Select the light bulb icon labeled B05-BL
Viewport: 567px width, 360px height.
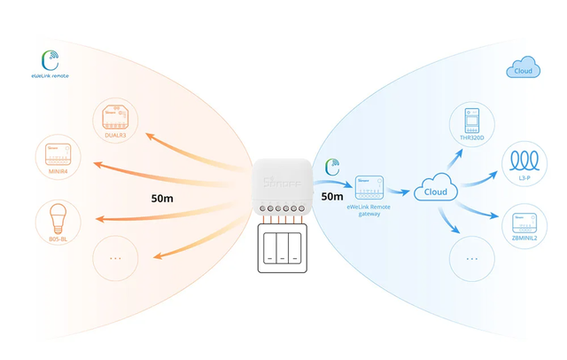[55, 216]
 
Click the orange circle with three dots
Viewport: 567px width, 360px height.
[116, 257]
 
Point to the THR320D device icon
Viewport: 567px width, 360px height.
[470, 121]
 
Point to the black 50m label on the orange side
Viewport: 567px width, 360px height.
[162, 197]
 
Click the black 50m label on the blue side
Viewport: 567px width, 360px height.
[332, 197]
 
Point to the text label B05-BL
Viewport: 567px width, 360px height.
[55, 239]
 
